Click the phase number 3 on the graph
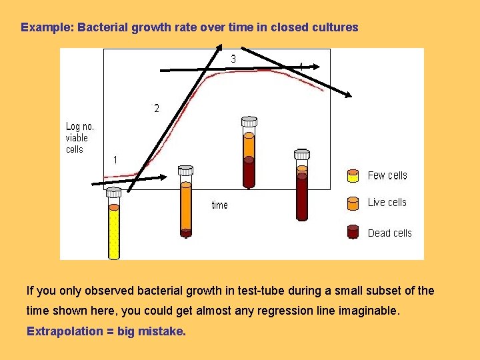(x=233, y=59)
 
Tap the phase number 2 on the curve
(x=157, y=108)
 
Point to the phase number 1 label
(x=115, y=160)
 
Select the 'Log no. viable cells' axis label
(x=80, y=138)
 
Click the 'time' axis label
(x=219, y=205)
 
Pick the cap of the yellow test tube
(x=114, y=192)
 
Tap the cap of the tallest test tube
(x=249, y=121)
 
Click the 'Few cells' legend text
(x=387, y=175)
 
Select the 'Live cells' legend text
(x=387, y=202)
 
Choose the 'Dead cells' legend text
(x=389, y=233)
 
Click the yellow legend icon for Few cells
(x=353, y=175)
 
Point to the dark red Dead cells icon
(x=353, y=231)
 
